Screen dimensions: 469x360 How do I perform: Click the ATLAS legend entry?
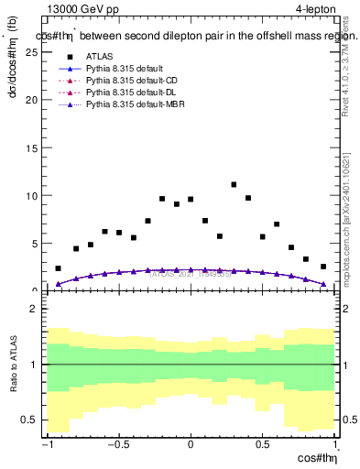pyautogui.click(x=98, y=57)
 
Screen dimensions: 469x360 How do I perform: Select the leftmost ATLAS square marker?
pyautogui.click(x=58, y=268)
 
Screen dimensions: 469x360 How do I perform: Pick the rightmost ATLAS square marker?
pyautogui.click(x=323, y=267)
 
